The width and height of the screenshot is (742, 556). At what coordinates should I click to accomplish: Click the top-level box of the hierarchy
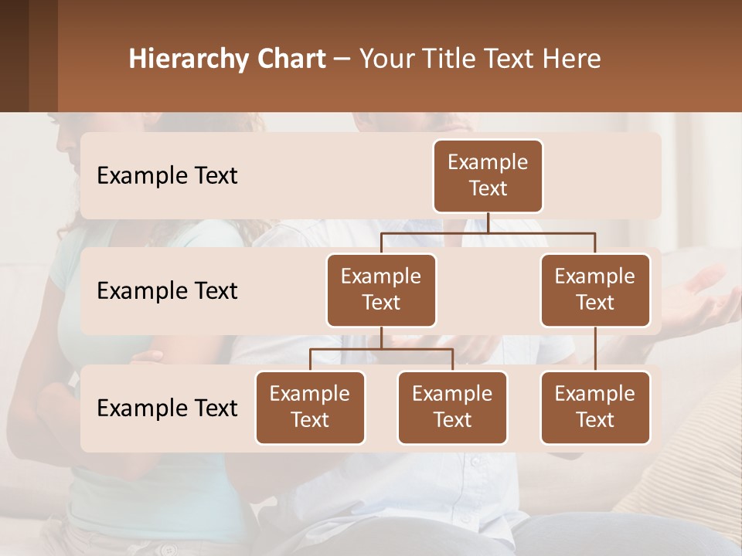click(x=488, y=175)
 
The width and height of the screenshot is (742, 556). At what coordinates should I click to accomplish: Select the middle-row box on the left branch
click(x=381, y=290)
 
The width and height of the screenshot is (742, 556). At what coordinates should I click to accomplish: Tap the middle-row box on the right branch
click(x=595, y=290)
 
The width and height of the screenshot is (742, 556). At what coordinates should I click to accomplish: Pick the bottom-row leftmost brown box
click(x=310, y=407)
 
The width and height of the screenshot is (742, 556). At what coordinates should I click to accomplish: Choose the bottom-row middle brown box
click(x=452, y=407)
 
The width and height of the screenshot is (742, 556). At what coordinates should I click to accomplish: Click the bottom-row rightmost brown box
click(x=595, y=407)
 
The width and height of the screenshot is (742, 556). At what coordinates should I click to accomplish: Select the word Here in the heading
click(x=572, y=59)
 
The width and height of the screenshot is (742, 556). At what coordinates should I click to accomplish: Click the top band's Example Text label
click(x=167, y=175)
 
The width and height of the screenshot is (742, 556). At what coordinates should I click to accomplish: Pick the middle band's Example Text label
click(x=167, y=290)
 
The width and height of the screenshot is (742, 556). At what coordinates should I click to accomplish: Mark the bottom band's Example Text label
click(x=167, y=408)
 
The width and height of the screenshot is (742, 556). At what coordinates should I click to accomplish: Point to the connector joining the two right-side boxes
click(x=595, y=348)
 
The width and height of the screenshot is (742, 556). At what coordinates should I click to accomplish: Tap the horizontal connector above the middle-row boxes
click(x=488, y=232)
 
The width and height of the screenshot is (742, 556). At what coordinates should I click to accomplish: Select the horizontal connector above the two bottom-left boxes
click(x=381, y=349)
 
